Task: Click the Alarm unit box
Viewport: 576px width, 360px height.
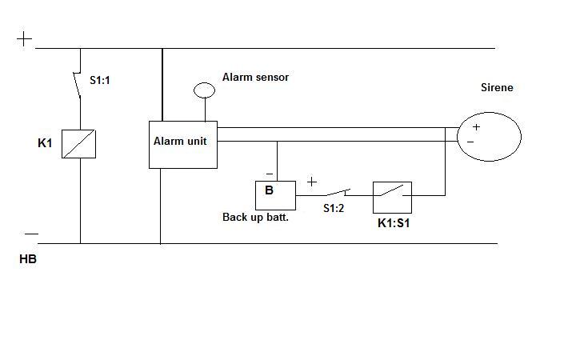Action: (182, 145)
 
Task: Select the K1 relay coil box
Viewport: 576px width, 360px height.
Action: (79, 143)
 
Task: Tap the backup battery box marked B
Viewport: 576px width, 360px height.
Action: (274, 195)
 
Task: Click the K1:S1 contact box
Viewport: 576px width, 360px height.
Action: (392, 196)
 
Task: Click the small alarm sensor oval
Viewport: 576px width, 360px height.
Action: (205, 90)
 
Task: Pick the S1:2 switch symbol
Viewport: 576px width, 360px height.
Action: (336, 193)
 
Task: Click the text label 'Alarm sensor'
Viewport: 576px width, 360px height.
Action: (255, 77)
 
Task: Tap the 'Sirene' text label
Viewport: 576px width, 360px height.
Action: (496, 87)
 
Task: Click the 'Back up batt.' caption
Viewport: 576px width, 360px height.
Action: (255, 217)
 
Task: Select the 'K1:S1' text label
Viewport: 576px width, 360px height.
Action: (394, 223)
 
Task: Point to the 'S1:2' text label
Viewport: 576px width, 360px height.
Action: (334, 208)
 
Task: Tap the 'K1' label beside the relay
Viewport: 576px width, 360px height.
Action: (45, 143)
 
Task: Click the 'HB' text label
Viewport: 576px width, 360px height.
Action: (28, 260)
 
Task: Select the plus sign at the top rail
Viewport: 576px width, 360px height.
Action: (25, 38)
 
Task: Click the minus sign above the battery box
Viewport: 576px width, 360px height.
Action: (269, 174)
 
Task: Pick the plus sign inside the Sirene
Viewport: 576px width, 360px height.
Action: (476, 126)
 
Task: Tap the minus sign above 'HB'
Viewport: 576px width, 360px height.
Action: (30, 234)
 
